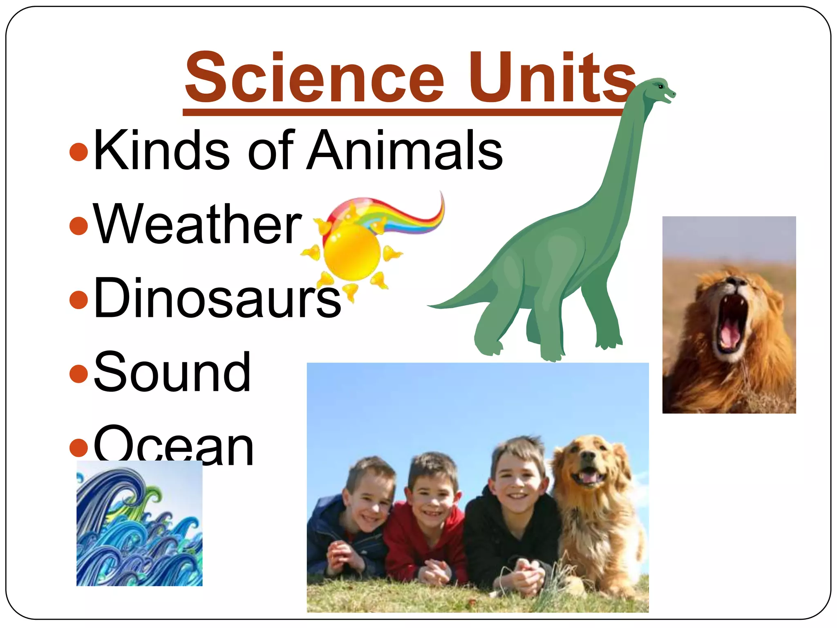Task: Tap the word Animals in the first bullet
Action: click(405, 150)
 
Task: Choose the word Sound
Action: click(172, 372)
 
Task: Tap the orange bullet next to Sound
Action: click(79, 373)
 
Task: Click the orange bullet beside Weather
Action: click(79, 225)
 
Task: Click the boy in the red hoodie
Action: click(429, 511)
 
